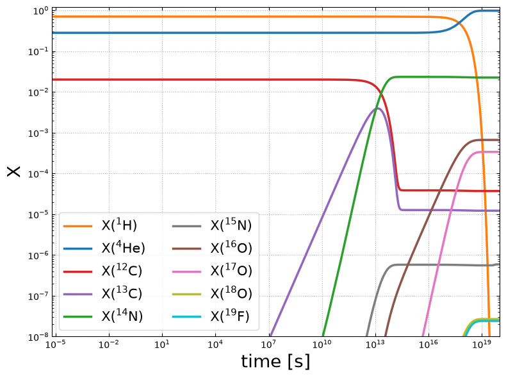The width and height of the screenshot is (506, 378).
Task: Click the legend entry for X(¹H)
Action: pyautogui.click(x=100, y=225)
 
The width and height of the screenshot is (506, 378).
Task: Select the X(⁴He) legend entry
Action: pyautogui.click(x=104, y=248)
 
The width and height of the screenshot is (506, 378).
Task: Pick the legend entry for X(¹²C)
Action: pyautogui.click(x=102, y=271)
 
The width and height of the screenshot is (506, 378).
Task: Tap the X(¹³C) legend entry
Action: pyautogui.click(x=102, y=293)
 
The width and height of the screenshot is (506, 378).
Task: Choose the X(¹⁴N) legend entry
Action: pyautogui.click(x=103, y=316)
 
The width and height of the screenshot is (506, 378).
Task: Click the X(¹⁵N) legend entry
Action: pyautogui.click(x=212, y=225)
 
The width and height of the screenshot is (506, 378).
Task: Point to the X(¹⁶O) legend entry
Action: pyautogui.click(x=212, y=248)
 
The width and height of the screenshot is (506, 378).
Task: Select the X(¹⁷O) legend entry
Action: pyautogui.click(x=212, y=271)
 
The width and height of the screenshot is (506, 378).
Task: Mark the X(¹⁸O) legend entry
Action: pyautogui.click(x=212, y=293)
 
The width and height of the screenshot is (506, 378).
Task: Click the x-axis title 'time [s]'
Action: pyautogui.click(x=275, y=361)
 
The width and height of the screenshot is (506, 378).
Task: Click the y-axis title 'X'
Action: pyautogui.click(x=13, y=171)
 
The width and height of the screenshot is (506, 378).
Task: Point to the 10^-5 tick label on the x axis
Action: pyautogui.click(x=56, y=344)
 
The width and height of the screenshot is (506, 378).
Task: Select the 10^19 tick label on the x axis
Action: pyautogui.click(x=482, y=344)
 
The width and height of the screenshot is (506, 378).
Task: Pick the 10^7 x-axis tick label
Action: pyautogui.click(x=269, y=344)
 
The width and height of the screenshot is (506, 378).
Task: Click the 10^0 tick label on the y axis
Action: pyautogui.click(x=40, y=12)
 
